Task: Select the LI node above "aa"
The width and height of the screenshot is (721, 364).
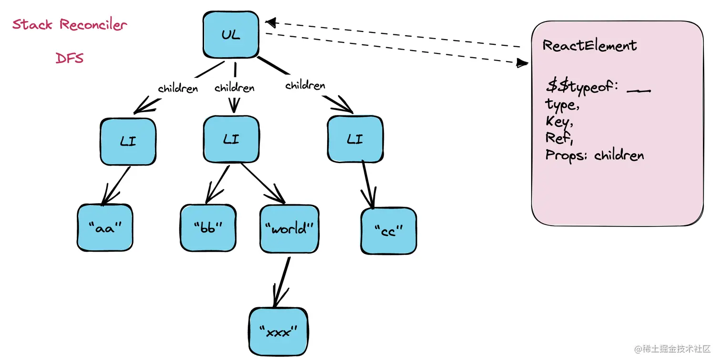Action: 128,141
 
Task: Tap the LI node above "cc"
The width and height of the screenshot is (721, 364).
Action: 355,139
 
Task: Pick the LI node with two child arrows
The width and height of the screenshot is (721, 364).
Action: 231,139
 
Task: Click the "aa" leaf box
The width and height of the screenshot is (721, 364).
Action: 105,228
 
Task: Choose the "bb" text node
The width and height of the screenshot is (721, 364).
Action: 208,228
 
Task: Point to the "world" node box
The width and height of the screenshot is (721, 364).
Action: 289,229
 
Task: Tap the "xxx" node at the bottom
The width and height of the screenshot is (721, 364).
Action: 278,332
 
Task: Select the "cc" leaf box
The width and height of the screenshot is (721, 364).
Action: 389,230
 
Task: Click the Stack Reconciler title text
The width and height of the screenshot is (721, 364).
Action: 70,24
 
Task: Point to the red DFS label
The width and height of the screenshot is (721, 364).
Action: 70,58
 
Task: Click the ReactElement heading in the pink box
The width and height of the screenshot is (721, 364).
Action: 589,46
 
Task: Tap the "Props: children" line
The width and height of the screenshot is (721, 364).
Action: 595,156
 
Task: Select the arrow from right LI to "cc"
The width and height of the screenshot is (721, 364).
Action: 368,184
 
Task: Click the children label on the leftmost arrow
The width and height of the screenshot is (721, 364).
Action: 177,89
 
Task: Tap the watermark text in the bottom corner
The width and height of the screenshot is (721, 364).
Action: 672,349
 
